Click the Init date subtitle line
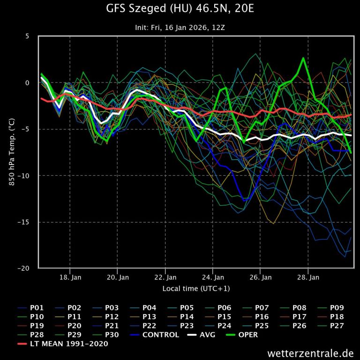tap(180, 28)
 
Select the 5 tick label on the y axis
tap(27, 36)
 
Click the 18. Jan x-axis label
tap(70, 277)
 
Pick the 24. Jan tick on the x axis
tap(213, 277)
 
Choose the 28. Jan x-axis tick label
tap(308, 277)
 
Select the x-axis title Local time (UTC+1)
tap(196, 288)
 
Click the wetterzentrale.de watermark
tap(310, 353)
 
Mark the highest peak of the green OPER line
tap(303, 58)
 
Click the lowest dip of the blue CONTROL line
tap(244, 200)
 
